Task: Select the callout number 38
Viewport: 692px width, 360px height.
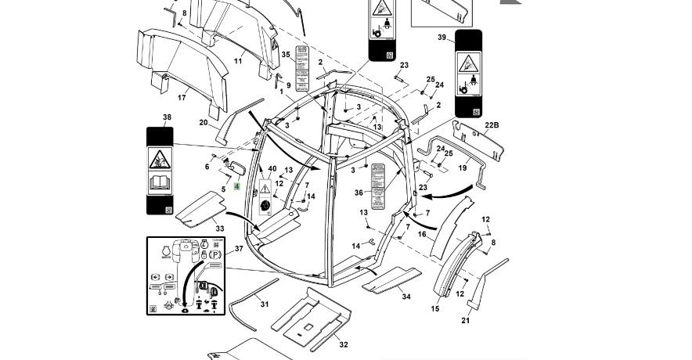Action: tap(166, 118)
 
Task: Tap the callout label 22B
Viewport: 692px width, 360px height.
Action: tap(491, 124)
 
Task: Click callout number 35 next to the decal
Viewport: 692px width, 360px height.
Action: tap(286, 54)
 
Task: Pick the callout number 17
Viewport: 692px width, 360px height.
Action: tap(182, 98)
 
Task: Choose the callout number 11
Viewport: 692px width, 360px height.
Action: tap(238, 61)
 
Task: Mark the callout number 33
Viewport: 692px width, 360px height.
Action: tap(220, 229)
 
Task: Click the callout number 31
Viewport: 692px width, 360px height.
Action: tap(264, 304)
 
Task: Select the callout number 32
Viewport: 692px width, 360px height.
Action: tap(343, 344)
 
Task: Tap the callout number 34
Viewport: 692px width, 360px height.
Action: tap(406, 297)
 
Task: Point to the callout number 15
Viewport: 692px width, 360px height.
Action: tap(435, 309)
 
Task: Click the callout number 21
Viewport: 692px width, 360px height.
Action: tap(466, 321)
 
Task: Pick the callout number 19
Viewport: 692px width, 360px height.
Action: tap(463, 167)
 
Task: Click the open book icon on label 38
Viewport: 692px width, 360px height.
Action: tap(159, 185)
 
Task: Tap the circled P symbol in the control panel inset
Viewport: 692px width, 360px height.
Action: tap(214, 254)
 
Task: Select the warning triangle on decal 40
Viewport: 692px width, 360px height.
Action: tap(265, 188)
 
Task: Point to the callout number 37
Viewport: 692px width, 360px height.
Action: tap(239, 248)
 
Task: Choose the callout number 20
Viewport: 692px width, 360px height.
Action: tap(204, 123)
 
